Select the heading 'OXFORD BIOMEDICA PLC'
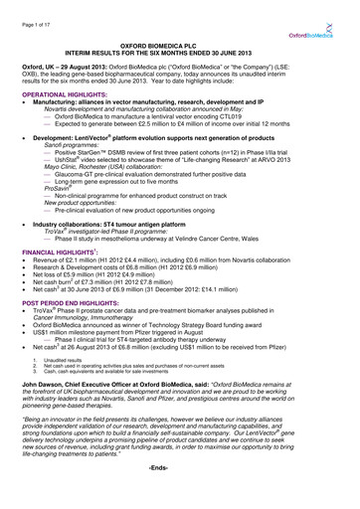pos(180,45)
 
